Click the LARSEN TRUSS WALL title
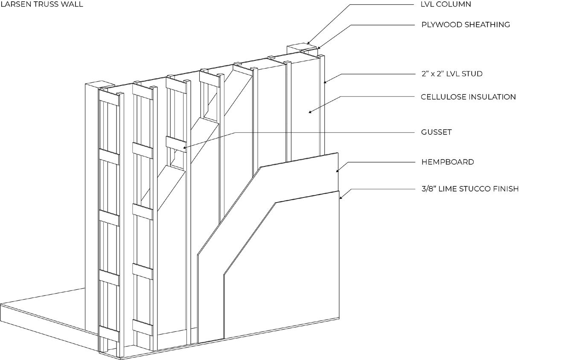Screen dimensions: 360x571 (42, 4)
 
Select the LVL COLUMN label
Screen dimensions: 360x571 (446, 4)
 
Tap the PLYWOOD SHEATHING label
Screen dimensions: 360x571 (466, 24)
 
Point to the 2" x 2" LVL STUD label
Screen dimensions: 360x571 (452, 73)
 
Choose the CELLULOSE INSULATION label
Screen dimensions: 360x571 (468, 97)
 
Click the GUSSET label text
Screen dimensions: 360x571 (436, 132)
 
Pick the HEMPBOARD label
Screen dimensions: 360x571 (448, 162)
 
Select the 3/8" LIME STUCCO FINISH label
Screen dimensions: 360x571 (470, 189)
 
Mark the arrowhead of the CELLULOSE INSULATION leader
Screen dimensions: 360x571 (309, 112)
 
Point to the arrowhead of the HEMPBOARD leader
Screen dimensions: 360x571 (337, 171)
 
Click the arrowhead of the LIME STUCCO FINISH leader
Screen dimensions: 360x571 (340, 198)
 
